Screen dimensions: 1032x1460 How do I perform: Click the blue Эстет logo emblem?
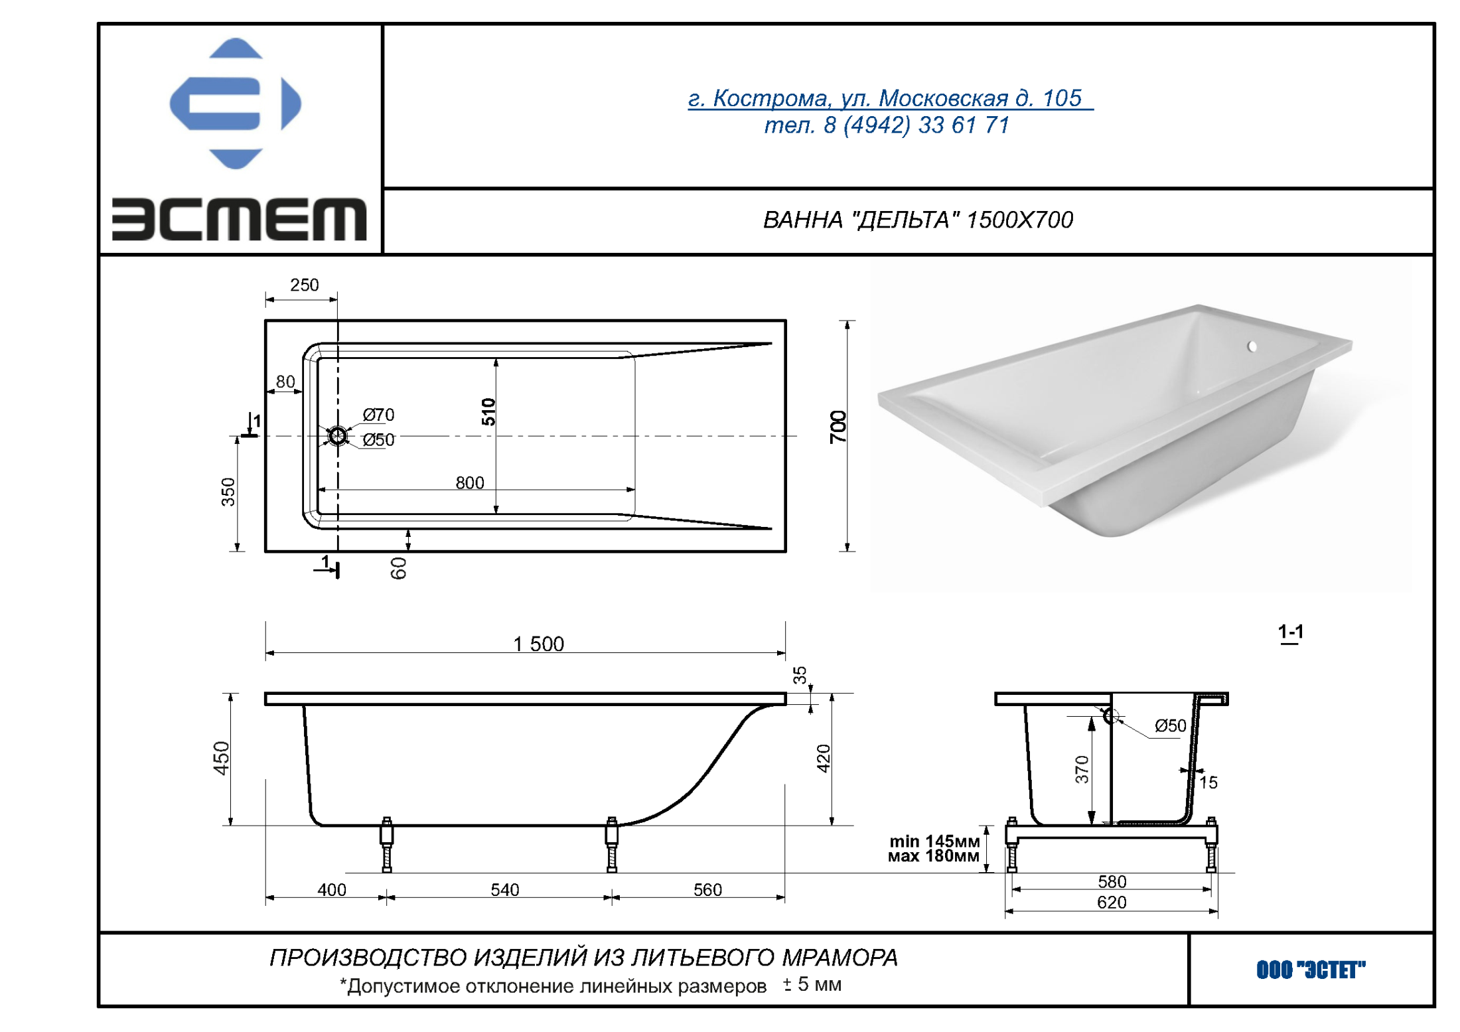pyautogui.click(x=235, y=104)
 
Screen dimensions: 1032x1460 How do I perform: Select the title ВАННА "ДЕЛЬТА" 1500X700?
pyautogui.click(x=917, y=220)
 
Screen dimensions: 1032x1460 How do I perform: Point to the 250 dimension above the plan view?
pyautogui.click(x=304, y=285)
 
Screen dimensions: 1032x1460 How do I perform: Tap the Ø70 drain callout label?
pyautogui.click(x=378, y=415)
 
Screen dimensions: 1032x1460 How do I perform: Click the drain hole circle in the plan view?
pyautogui.click(x=337, y=436)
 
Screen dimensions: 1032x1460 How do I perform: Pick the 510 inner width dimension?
pyautogui.click(x=488, y=411)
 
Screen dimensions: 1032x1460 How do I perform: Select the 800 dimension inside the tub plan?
pyautogui.click(x=469, y=482)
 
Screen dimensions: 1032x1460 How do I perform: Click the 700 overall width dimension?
pyautogui.click(x=838, y=427)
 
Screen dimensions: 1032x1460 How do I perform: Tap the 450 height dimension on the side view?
pyautogui.click(x=221, y=758)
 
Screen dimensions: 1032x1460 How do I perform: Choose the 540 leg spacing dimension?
pyautogui.click(x=504, y=889)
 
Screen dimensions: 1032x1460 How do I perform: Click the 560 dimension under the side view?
pyautogui.click(x=707, y=889)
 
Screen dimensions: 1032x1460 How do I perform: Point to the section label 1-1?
pyautogui.click(x=1290, y=632)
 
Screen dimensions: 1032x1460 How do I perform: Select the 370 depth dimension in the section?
pyautogui.click(x=1081, y=769)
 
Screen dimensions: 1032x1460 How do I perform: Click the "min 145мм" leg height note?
pyautogui.click(x=934, y=842)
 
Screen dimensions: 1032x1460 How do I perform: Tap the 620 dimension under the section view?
pyautogui.click(x=1111, y=902)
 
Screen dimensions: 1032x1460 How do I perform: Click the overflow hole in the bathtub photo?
pyautogui.click(x=1252, y=346)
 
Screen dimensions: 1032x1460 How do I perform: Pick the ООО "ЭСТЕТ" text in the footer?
pyautogui.click(x=1310, y=970)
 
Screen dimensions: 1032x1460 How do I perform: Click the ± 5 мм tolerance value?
pyautogui.click(x=812, y=984)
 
